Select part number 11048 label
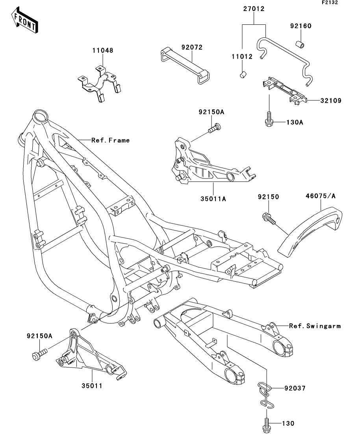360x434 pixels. pos(102,51)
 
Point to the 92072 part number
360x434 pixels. pos(192,48)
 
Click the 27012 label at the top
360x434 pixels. pos(253,9)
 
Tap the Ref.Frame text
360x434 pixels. pos(110,140)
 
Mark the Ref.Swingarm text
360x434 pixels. pos(315,326)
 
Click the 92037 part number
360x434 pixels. pos(295,388)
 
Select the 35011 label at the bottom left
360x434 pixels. pos(93,386)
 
